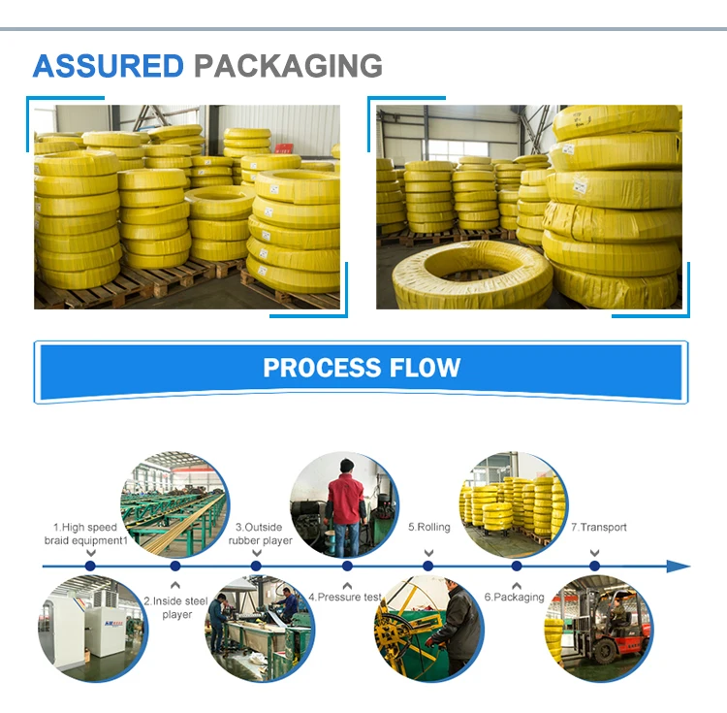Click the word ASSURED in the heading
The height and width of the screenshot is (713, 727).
coord(109,66)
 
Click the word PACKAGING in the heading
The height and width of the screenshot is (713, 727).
coord(289,66)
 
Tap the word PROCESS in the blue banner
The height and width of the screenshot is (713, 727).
coord(322,368)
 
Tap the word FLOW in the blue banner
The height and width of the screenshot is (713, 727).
coord(425,368)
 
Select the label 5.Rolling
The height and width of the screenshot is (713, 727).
coord(428,527)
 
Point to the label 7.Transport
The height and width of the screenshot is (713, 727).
coord(599,527)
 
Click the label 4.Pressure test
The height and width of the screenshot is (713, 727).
coord(345,597)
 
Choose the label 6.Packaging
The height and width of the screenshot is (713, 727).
coord(514,597)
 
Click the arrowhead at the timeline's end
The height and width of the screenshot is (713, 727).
coord(679,566)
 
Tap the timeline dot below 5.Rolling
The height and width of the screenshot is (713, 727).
coord(427,566)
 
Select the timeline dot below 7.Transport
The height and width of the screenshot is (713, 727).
coord(594,566)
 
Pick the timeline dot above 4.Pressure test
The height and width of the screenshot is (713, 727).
coord(347,566)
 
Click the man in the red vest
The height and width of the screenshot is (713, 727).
coord(345,506)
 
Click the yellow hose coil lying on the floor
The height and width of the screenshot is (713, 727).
coord(471,275)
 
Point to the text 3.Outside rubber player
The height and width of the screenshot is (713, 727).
coord(260,534)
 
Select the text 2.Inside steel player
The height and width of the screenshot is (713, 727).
coord(175,607)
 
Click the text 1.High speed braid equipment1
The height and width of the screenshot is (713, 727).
coord(85,534)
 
